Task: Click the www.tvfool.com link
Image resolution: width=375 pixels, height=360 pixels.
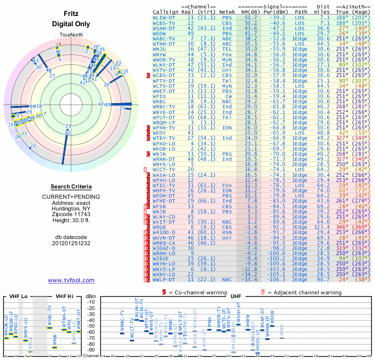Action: click(71, 280)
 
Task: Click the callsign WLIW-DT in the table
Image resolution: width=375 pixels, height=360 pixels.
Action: click(164, 17)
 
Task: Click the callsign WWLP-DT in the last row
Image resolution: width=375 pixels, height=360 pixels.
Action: click(164, 279)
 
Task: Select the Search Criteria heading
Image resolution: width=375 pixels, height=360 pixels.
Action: click(71, 187)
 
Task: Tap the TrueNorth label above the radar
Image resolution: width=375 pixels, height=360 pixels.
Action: click(70, 36)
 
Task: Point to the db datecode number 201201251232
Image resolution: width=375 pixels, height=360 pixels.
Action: click(71, 243)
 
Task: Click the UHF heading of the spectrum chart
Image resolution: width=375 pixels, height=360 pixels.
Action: click(236, 296)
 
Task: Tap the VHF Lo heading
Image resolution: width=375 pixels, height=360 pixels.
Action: click(18, 296)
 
